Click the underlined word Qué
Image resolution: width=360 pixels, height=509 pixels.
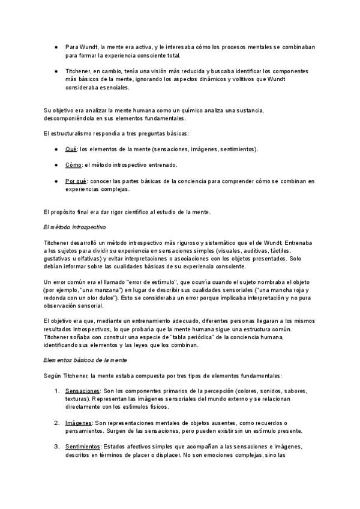[71, 149]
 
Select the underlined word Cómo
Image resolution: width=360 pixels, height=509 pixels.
[73, 164]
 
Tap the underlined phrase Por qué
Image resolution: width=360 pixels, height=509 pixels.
[76, 181]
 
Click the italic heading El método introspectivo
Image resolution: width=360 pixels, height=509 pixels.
[75, 227]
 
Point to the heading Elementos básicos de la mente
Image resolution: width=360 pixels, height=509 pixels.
[84, 360]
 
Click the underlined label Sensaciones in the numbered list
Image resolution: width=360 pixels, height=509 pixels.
[82, 391]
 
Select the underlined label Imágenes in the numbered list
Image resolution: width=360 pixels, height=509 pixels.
[79, 423]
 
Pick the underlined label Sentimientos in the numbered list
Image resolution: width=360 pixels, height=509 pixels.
[83, 447]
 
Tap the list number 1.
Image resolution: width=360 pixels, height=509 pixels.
[56, 391]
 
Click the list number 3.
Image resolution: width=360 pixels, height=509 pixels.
[56, 447]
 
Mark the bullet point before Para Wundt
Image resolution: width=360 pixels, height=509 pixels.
[55, 46]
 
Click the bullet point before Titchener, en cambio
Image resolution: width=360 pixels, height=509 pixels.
[55, 70]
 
